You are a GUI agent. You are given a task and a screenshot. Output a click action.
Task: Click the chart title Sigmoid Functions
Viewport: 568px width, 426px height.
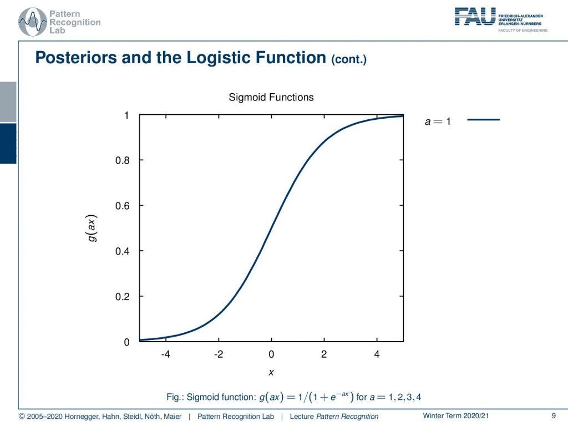tap(271, 98)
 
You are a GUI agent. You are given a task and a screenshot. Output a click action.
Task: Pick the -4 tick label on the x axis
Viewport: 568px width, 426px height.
tap(165, 355)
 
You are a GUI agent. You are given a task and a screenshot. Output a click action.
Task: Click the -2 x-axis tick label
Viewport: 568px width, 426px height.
tap(218, 355)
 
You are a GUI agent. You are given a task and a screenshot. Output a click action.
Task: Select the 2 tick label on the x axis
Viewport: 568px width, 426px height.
tap(324, 355)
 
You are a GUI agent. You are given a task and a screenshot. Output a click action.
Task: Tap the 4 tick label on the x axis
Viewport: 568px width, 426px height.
tap(377, 355)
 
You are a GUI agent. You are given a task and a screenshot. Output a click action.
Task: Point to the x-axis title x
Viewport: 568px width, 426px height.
tap(271, 372)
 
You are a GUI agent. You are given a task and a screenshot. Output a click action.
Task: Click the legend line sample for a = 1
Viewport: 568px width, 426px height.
tap(484, 120)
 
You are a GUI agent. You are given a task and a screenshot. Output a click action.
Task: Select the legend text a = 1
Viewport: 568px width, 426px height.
tap(438, 121)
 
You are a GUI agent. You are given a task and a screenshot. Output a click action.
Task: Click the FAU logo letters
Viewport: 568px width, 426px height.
tap(475, 16)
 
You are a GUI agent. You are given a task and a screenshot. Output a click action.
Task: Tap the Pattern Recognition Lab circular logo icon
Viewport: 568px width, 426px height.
tap(32, 22)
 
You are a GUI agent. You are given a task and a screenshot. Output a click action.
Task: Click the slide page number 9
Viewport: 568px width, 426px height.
tap(554, 416)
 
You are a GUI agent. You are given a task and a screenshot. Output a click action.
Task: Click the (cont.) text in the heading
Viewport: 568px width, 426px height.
tap(348, 59)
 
